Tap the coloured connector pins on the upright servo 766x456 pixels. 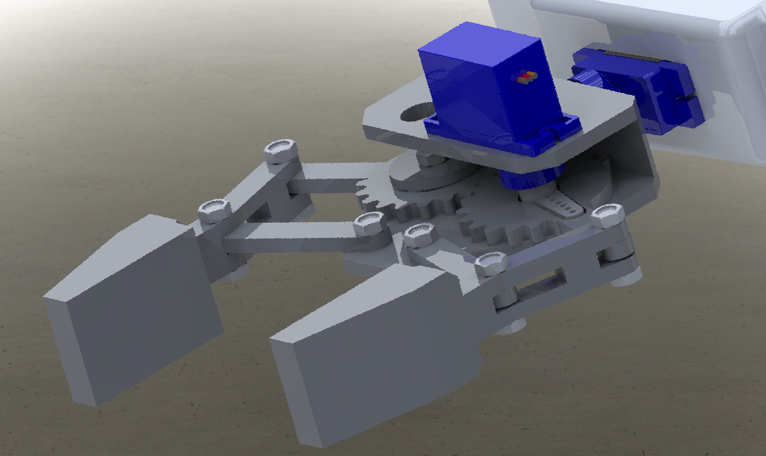click(525, 78)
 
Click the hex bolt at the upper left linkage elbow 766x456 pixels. click(280, 151)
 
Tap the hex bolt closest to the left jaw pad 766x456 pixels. click(213, 210)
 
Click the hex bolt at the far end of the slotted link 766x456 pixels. click(608, 215)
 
